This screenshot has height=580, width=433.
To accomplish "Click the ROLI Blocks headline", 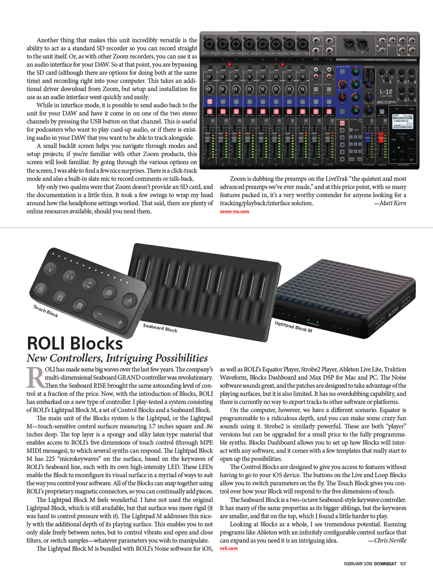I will (x=75, y=344).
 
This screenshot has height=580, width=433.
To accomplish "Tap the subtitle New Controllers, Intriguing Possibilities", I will (x=117, y=358).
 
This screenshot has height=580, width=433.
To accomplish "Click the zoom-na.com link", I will (x=235, y=212).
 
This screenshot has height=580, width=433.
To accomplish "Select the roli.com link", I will (x=229, y=548).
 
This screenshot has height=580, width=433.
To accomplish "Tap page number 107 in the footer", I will (x=403, y=564).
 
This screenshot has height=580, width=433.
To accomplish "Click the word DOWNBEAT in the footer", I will (x=385, y=564).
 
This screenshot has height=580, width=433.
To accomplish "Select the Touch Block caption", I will (x=45, y=311).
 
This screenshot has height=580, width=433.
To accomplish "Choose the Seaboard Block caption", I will (x=160, y=328).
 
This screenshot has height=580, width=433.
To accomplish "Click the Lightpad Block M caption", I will (x=293, y=327).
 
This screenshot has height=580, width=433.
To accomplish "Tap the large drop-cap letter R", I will (x=35, y=377).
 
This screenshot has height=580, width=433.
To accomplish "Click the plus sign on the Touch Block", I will (x=120, y=322).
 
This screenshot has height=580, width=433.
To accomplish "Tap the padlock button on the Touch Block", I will (x=41, y=290).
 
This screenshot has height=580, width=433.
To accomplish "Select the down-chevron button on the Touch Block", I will (x=50, y=269).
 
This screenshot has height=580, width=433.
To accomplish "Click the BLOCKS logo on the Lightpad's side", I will (x=393, y=311).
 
